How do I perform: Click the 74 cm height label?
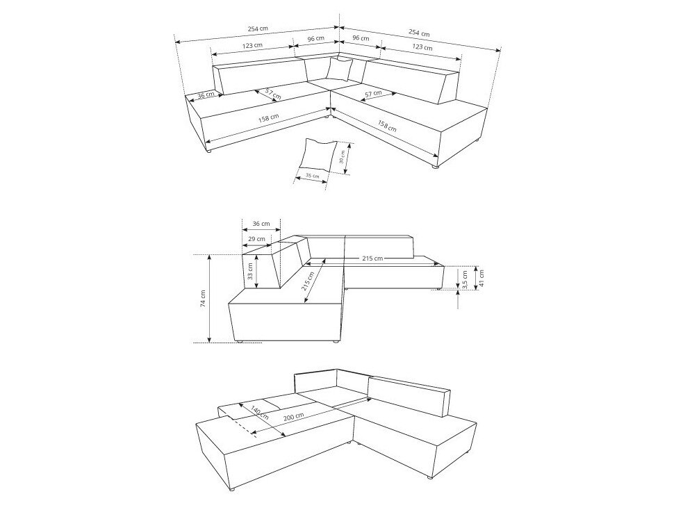203,298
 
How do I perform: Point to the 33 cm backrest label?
250,272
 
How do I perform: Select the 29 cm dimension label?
256,239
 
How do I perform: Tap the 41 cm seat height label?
481,278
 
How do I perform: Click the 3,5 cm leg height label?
466,280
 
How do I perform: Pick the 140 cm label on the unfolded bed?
259,412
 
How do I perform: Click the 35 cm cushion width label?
313,176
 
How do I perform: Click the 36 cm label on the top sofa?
206,94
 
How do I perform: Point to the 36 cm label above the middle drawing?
261,223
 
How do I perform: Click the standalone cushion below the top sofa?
318,155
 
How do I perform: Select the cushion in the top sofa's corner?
339,69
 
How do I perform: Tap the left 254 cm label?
258,28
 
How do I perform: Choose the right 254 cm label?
419,33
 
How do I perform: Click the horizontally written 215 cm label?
372,258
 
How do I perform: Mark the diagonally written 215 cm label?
308,281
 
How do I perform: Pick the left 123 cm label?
252,45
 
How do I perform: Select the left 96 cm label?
315,38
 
